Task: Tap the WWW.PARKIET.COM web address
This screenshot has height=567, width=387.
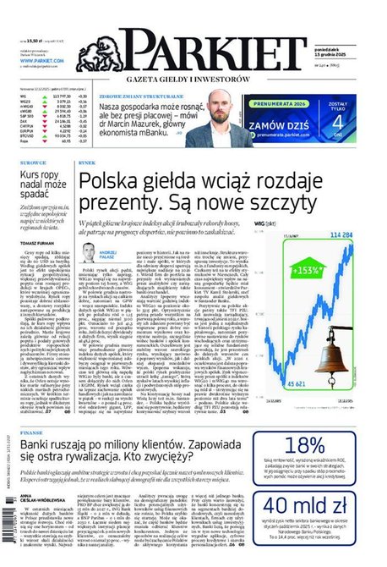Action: click(41, 60)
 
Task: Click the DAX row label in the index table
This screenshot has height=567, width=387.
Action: click(24, 121)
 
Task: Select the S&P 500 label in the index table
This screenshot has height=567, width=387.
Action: click(27, 116)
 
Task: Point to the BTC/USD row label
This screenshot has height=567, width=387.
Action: click(28, 137)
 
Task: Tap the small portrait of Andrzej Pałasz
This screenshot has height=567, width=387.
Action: click(89, 251)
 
